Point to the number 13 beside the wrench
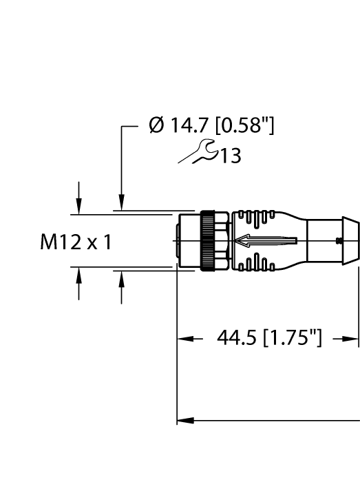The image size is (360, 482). pos(231,156)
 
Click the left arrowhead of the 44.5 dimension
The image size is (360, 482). pos(183,338)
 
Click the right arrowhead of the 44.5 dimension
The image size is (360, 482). pos(352,338)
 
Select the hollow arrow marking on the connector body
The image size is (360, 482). pos(265,241)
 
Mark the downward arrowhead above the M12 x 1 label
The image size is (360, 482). pos(79,205)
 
